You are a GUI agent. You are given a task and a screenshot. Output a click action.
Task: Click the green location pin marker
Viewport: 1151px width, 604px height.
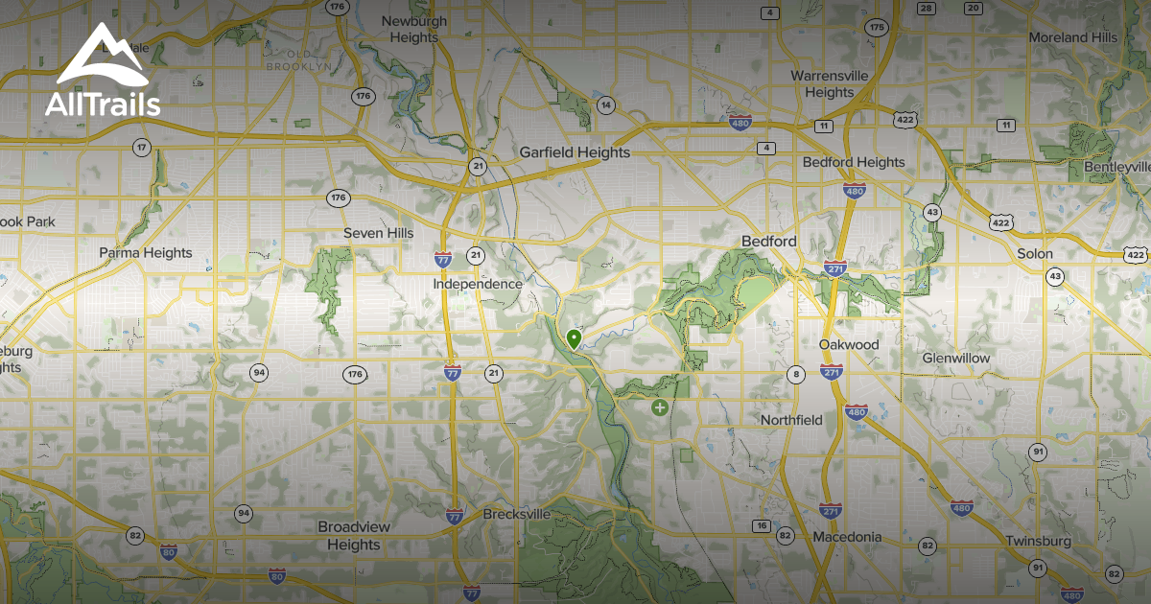point(574,339)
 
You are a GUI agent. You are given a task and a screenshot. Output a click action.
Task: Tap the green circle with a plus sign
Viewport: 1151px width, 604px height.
point(660,407)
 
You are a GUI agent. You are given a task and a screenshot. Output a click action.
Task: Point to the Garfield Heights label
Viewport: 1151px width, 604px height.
point(575,151)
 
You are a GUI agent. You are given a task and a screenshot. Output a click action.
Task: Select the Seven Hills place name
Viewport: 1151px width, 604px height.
point(379,233)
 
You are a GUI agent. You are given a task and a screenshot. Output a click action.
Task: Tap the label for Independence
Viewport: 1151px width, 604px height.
point(478,284)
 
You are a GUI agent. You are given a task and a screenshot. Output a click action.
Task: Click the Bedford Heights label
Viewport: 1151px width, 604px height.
point(853,162)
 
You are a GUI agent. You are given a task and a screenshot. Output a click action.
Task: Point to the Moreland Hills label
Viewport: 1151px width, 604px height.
point(1072,37)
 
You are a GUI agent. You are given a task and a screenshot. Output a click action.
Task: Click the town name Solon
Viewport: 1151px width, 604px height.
point(1035,254)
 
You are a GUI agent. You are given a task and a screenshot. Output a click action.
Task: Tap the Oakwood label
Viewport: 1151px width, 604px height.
point(849,344)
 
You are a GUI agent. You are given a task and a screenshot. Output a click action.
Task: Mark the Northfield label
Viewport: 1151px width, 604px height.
point(791,420)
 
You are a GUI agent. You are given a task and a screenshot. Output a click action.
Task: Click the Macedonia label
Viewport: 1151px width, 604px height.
point(847,537)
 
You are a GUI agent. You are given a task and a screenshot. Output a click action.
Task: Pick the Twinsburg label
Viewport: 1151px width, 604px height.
point(1038,541)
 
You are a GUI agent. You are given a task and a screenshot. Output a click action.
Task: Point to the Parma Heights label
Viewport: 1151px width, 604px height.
point(146,253)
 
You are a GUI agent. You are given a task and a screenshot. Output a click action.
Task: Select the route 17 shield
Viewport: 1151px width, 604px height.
point(142,148)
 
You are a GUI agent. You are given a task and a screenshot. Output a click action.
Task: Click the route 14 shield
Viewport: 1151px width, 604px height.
point(605,105)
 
